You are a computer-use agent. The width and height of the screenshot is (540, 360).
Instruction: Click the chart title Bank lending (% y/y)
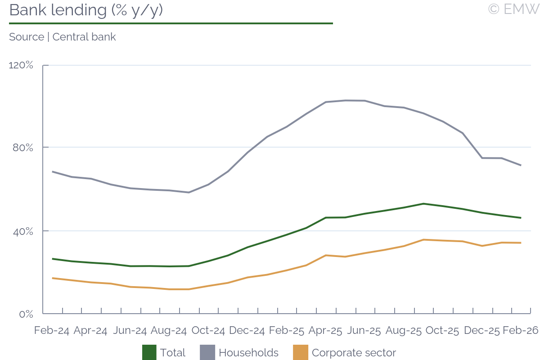85,10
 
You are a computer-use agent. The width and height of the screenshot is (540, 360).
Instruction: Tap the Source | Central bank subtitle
62,37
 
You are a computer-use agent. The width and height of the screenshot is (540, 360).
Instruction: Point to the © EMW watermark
513,9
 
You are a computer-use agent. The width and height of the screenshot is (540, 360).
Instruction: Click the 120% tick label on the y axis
21,65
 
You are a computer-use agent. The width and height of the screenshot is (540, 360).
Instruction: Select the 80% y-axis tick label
23,148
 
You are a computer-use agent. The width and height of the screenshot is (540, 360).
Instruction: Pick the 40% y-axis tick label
23,231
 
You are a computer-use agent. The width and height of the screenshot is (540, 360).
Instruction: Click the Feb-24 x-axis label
52,330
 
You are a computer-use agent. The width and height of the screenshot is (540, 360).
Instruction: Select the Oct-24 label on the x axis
208,330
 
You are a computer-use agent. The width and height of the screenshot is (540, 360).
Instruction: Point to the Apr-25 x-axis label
325,330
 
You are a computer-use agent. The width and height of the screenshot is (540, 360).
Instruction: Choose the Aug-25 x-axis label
403,330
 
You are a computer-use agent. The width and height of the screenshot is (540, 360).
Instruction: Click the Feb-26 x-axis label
521,330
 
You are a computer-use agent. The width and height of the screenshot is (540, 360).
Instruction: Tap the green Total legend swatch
149,352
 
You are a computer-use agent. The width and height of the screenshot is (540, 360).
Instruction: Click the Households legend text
248,353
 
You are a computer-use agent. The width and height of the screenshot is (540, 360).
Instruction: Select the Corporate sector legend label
354,353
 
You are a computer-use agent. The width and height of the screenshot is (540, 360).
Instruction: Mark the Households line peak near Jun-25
345,100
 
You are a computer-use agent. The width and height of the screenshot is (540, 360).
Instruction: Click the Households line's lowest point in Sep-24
189,193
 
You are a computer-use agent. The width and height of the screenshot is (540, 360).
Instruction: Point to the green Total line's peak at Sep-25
423,203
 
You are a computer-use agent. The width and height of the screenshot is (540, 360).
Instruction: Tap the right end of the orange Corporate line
521,243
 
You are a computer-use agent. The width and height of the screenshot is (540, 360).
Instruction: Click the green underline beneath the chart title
171,23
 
